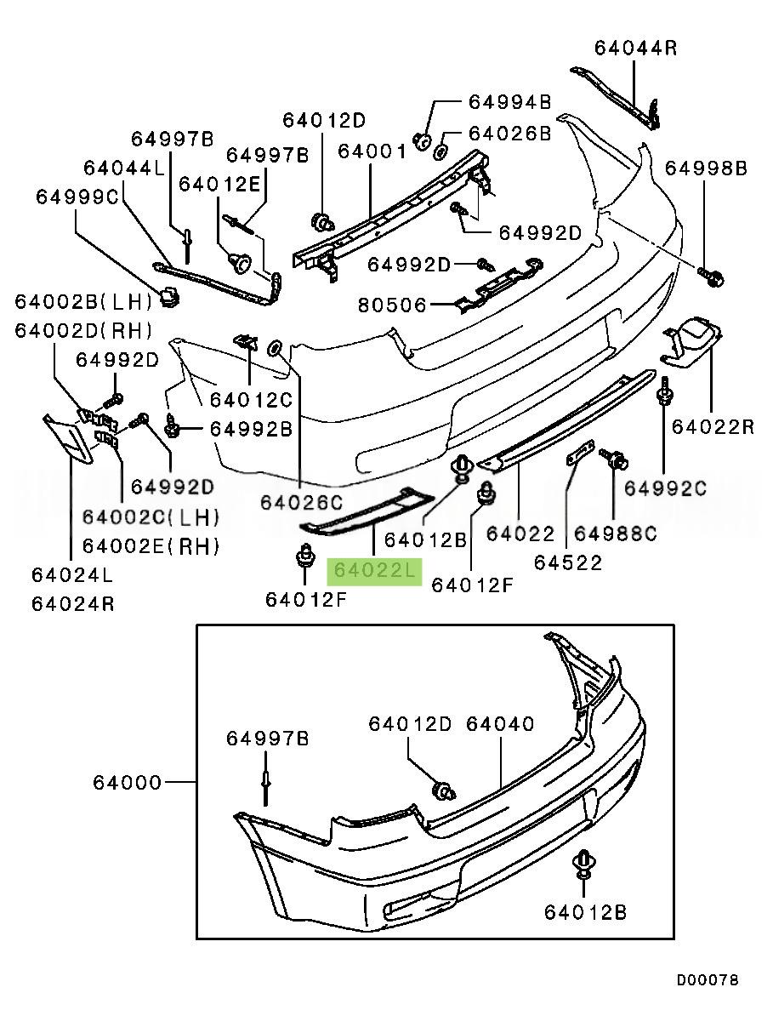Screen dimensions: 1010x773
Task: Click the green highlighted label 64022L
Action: tap(374, 570)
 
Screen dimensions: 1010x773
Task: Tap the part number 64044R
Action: tap(635, 48)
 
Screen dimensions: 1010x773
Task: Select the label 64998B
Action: tap(706, 168)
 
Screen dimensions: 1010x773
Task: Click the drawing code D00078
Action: tap(708, 980)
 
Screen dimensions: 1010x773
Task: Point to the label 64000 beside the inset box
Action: tap(128, 782)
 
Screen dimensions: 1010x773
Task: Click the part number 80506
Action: tap(392, 304)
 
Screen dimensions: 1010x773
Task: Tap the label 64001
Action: tap(372, 151)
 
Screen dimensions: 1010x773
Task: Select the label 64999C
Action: tap(77, 197)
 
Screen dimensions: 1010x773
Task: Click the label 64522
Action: tap(567, 562)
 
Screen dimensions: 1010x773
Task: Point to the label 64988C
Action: tap(616, 534)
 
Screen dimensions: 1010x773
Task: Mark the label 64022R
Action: tap(713, 425)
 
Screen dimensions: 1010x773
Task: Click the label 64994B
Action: tap(509, 103)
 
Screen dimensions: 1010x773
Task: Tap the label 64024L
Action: tap(72, 575)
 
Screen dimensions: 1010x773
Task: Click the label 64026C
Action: tap(301, 504)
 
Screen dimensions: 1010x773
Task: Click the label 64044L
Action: tap(124, 168)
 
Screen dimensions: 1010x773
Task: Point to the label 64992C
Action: tap(666, 488)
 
